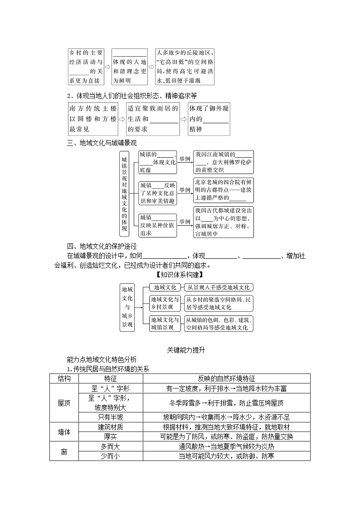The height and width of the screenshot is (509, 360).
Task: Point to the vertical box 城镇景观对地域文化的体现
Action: (x=125, y=194)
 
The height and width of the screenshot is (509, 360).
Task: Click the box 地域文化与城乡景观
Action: (x=127, y=306)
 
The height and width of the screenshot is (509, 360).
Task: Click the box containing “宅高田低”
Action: (x=184, y=67)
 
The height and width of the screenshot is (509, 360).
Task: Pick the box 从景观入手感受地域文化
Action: (x=219, y=287)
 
